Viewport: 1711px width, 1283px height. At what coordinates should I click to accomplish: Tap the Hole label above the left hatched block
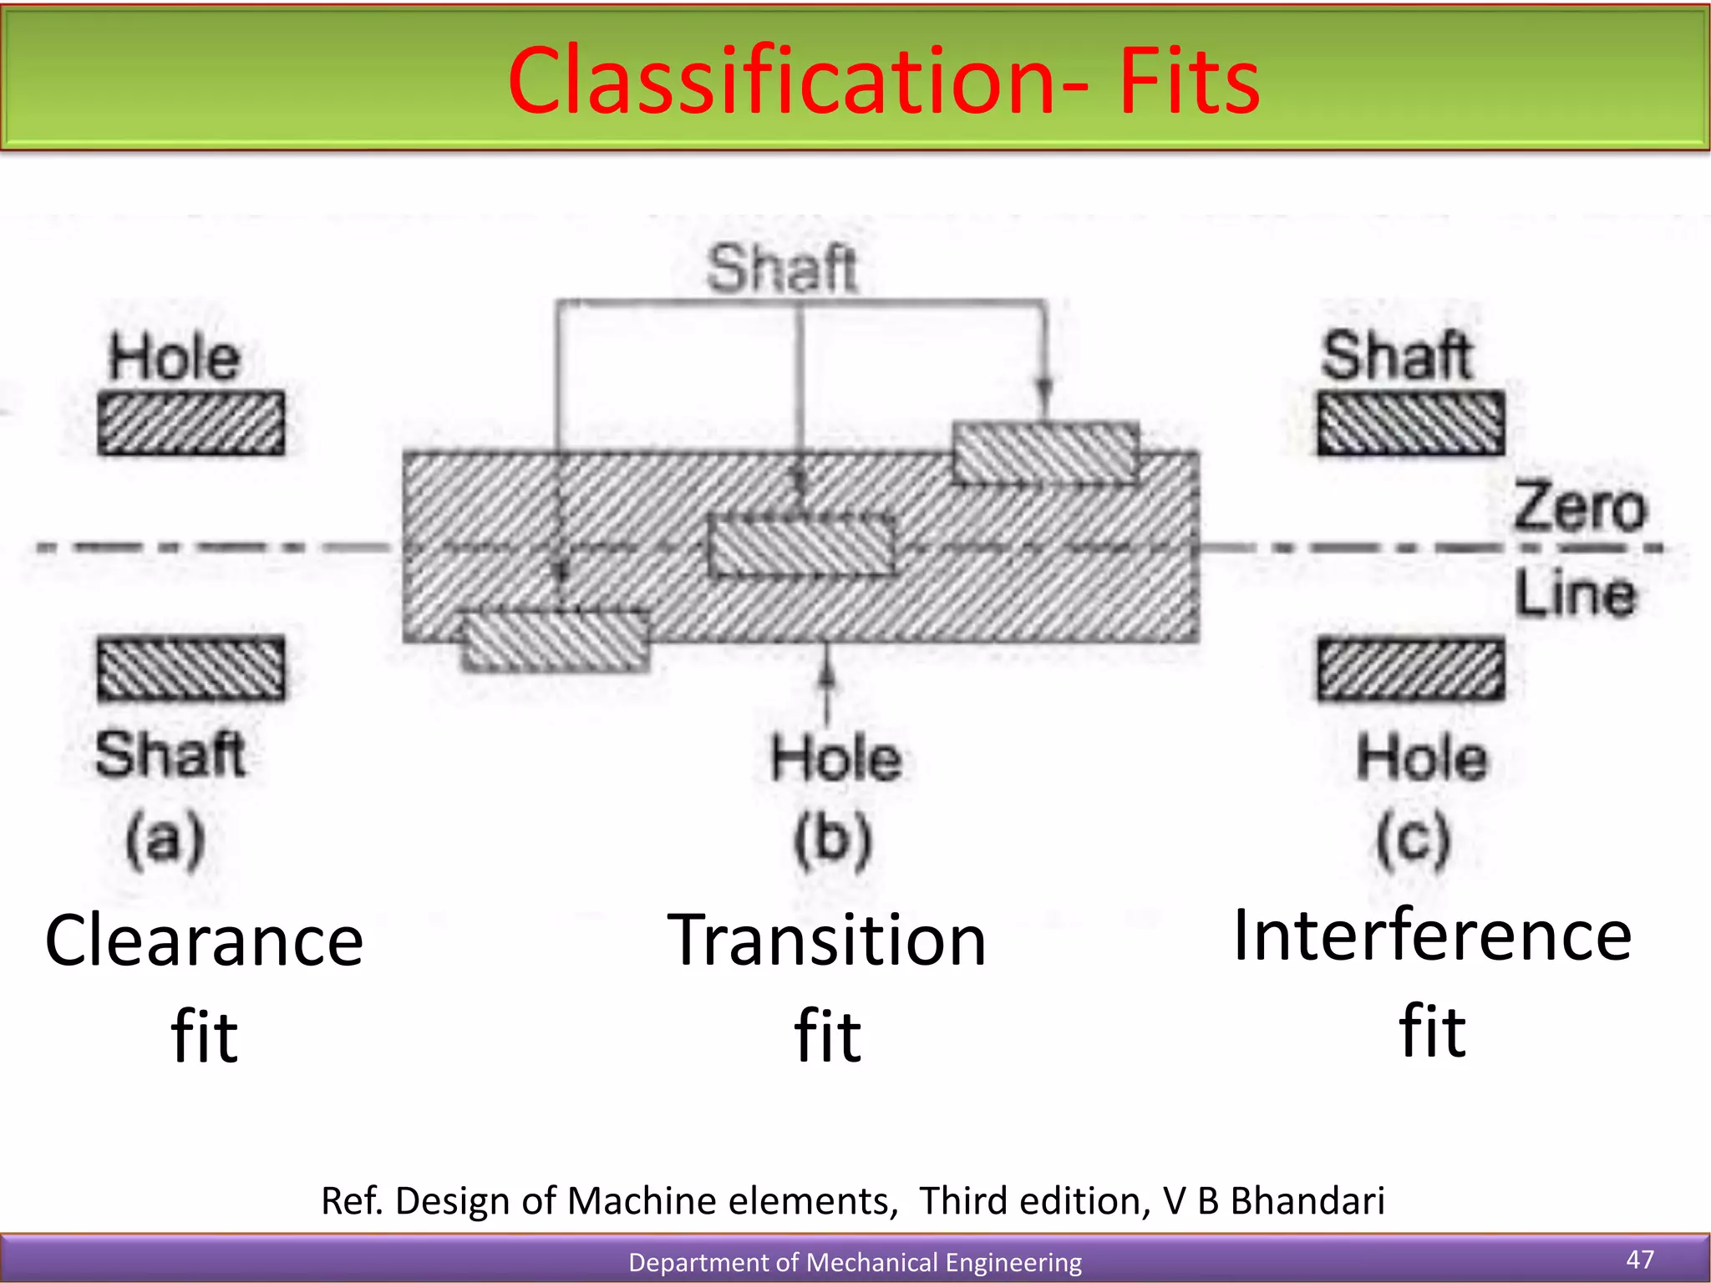[x=175, y=358]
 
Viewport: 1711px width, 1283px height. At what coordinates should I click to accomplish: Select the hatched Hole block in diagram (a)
[x=191, y=423]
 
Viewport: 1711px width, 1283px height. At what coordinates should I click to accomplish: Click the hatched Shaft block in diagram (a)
[x=191, y=668]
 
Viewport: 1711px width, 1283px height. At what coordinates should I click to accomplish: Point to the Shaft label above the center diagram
[x=782, y=269]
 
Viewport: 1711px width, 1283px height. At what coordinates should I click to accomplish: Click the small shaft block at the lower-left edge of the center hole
[x=556, y=641]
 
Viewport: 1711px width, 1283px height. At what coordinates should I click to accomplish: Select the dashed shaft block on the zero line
[x=801, y=545]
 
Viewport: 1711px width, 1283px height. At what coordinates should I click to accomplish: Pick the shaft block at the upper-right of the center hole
[x=1046, y=454]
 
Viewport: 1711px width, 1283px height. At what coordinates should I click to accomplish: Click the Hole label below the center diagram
[x=836, y=758]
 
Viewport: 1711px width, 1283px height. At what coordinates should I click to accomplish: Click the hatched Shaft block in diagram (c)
[x=1411, y=423]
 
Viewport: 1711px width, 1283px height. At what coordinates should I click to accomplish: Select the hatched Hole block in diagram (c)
[x=1411, y=669]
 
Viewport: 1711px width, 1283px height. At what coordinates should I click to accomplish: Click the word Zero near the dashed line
[x=1579, y=508]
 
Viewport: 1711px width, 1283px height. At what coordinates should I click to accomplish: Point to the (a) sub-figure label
[x=165, y=839]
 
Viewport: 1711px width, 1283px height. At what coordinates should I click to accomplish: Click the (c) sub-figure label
[x=1414, y=839]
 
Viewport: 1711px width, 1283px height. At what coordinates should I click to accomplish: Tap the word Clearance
[x=205, y=941]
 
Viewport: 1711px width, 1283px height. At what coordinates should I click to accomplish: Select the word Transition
[x=827, y=941]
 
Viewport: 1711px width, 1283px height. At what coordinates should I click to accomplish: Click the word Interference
[x=1432, y=936]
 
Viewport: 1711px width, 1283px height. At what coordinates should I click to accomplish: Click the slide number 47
[x=1640, y=1259]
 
